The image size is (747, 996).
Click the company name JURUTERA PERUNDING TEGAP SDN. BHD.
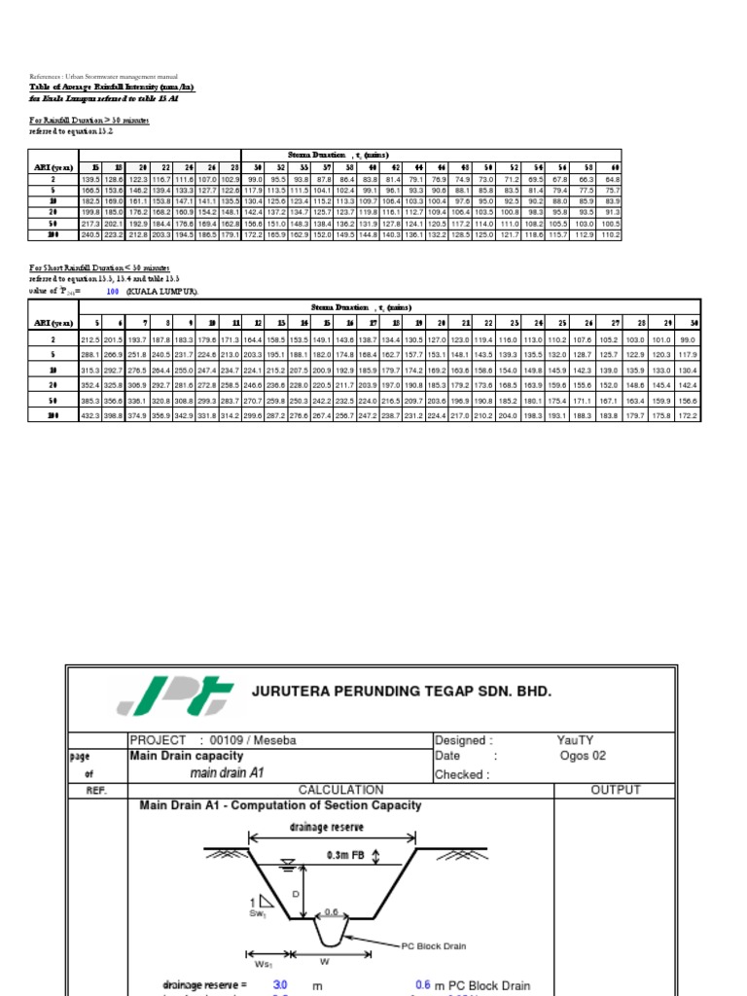click(401, 692)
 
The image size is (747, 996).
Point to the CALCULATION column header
click(340, 790)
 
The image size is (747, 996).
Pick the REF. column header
click(95, 791)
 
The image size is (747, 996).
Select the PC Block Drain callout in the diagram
click(440, 944)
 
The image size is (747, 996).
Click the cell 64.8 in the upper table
click(611, 179)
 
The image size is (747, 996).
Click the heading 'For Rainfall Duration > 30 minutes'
click(78, 121)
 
